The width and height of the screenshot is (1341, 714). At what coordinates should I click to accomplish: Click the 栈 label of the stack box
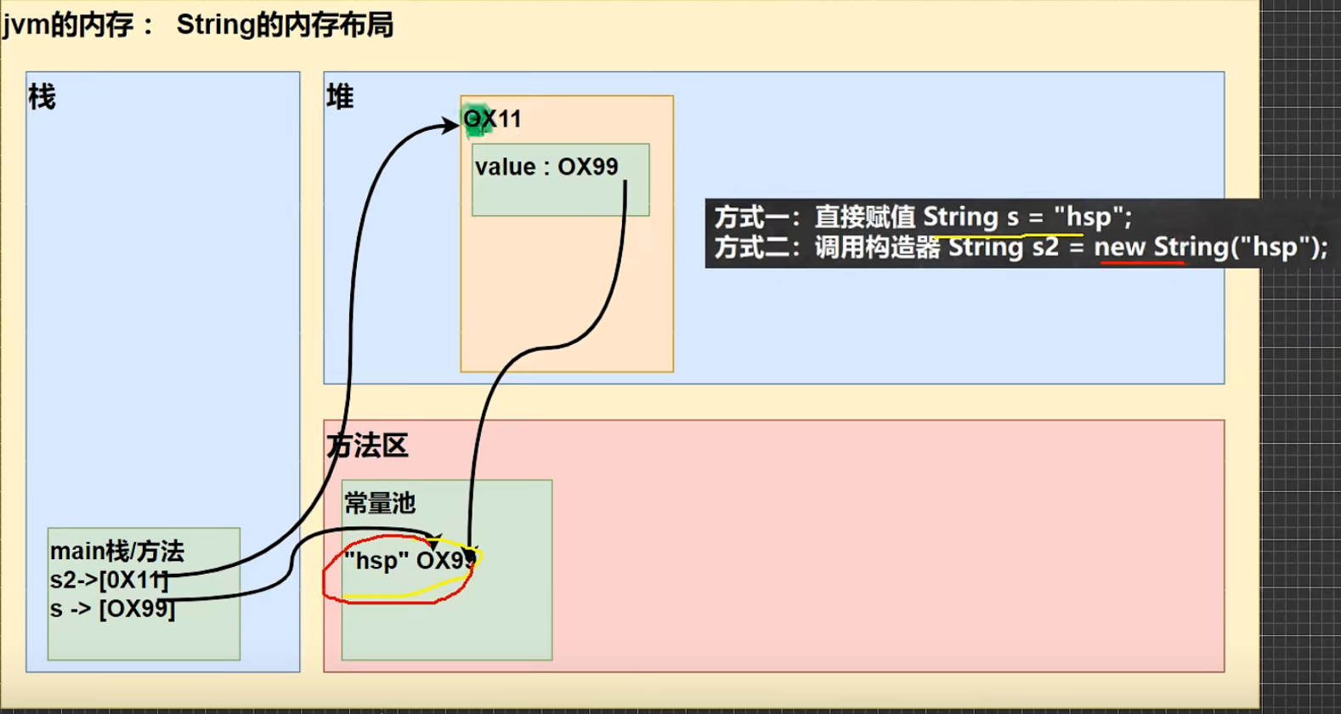click(42, 98)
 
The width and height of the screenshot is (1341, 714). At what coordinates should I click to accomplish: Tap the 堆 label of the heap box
click(340, 98)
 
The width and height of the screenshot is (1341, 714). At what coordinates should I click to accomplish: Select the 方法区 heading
click(368, 445)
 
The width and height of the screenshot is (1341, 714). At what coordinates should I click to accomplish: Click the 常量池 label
click(380, 504)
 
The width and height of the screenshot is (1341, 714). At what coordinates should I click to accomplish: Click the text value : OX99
click(546, 167)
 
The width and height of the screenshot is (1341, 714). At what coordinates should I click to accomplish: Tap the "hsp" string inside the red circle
click(371, 561)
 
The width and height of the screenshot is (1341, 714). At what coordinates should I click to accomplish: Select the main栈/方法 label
click(116, 552)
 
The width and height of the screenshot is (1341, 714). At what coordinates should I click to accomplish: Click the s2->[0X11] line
click(108, 581)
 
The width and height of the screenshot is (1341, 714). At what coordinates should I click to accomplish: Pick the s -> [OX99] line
click(112, 609)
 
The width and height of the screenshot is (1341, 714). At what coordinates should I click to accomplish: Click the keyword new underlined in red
click(1119, 247)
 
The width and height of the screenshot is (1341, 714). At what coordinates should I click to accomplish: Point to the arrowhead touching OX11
click(451, 126)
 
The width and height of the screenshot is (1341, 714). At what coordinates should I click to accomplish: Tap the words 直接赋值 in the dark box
click(865, 218)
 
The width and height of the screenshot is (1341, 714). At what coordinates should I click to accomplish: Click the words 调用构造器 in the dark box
click(877, 247)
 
